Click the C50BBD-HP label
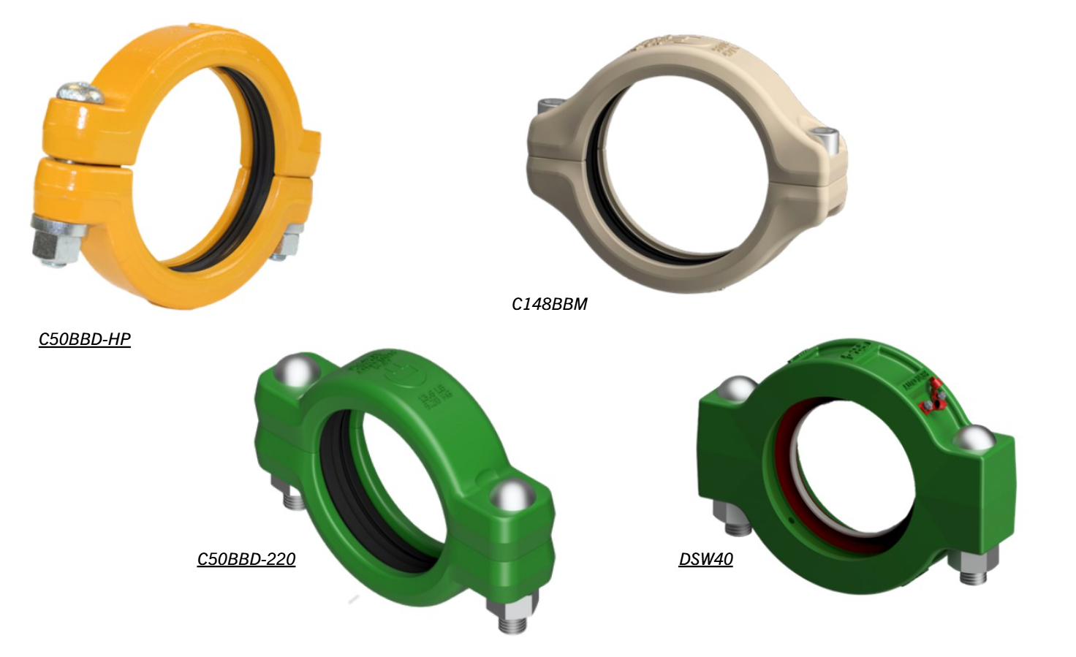point(85,339)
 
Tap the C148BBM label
point(549,304)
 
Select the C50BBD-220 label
point(246,559)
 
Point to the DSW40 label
point(705,559)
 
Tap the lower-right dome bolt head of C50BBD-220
point(509,495)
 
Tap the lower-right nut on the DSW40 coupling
point(972,566)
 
